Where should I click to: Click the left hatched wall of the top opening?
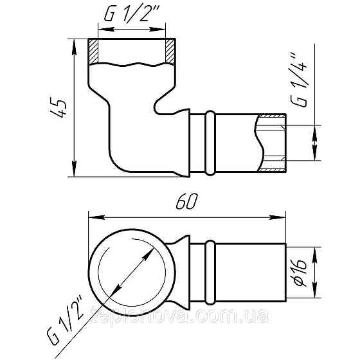pyautogui.click(x=93, y=51)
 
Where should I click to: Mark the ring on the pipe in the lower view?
pyautogui.click(x=210, y=271)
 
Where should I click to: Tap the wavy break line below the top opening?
pyautogui.click(x=132, y=65)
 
